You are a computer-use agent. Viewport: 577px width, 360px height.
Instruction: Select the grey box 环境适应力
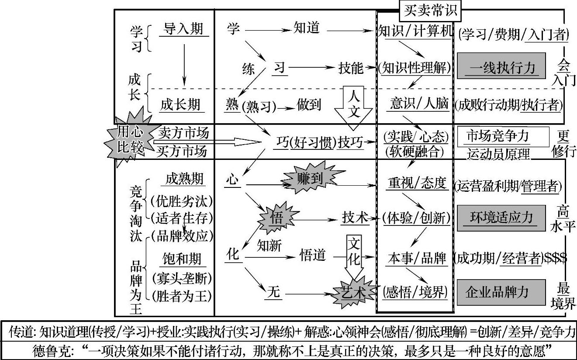pyautogui.click(x=501, y=217)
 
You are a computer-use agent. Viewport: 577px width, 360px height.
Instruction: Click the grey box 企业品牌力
pyautogui.click(x=501, y=292)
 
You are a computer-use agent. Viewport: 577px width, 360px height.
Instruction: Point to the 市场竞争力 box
pyautogui.click(x=502, y=137)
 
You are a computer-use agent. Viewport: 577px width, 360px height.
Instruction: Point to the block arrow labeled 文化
pyautogui.click(x=354, y=258)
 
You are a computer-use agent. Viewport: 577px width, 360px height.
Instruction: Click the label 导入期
pyautogui.click(x=183, y=29)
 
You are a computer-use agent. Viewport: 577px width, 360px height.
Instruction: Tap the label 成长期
pyautogui.click(x=180, y=104)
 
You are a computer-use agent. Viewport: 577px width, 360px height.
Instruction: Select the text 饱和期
pyautogui.click(x=181, y=259)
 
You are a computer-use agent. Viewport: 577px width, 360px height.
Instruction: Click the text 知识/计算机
pyautogui.click(x=414, y=31)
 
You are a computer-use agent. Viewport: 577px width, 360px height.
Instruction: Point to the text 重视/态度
pyautogui.click(x=418, y=183)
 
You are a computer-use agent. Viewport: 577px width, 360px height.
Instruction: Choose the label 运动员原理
pyautogui.click(x=498, y=154)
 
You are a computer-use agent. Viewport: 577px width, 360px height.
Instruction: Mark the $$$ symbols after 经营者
pyautogui.click(x=556, y=258)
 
